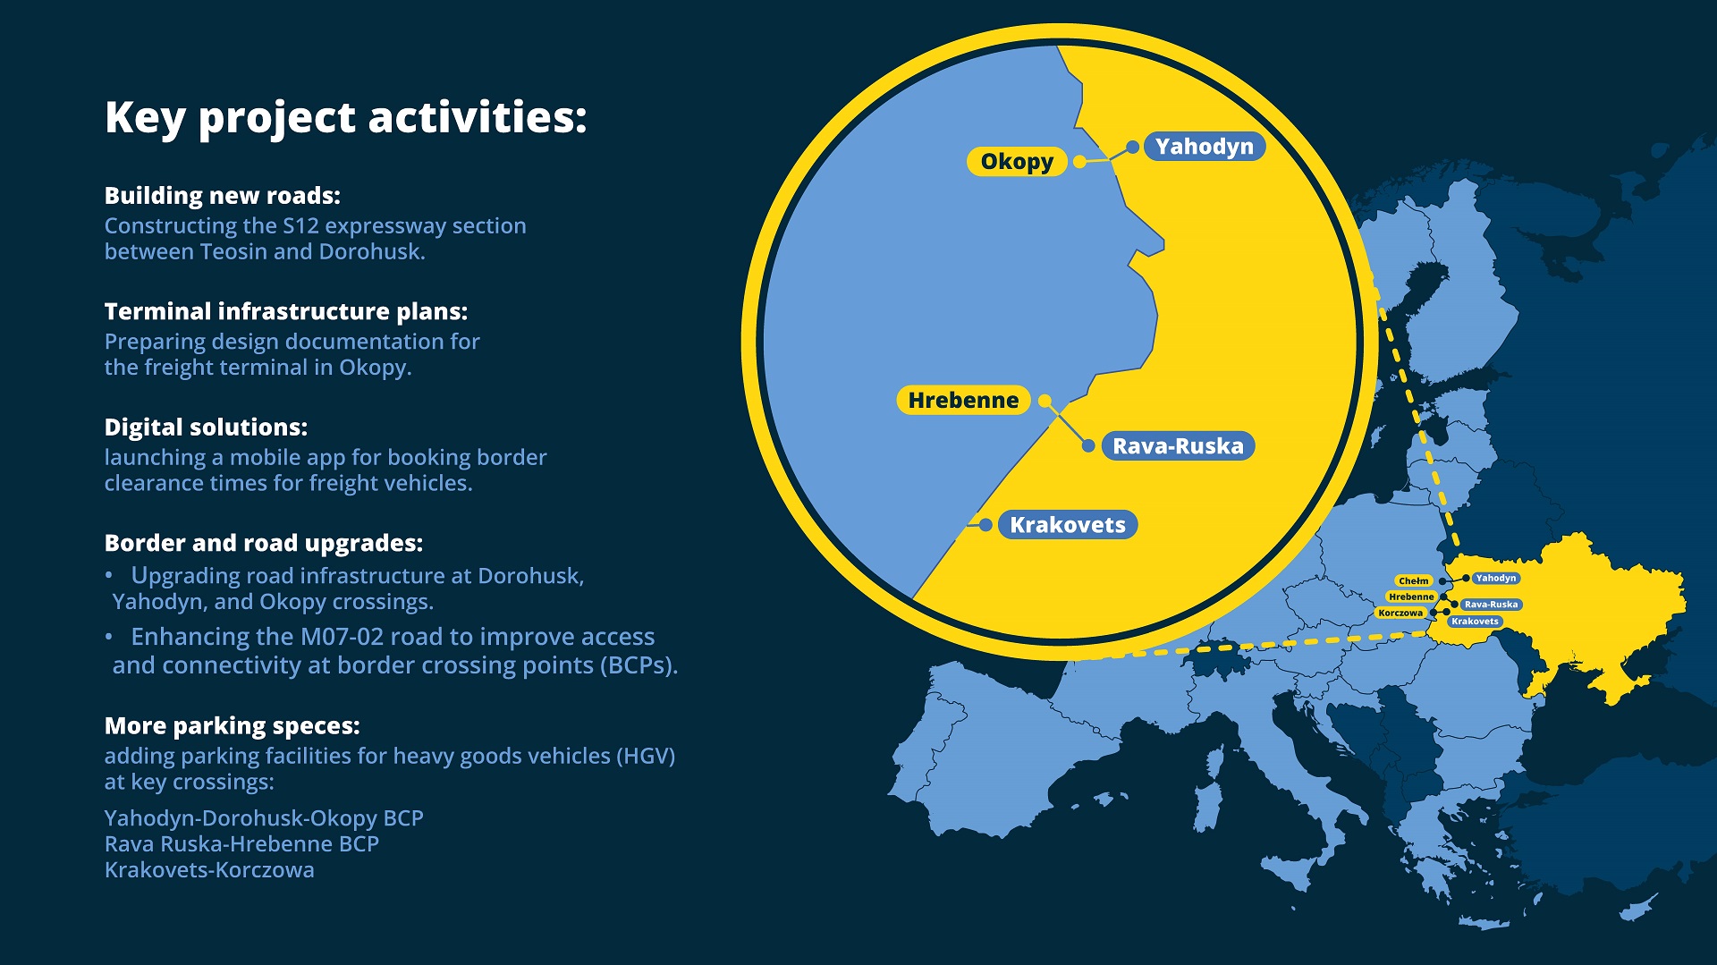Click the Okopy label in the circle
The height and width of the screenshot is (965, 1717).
(x=1017, y=162)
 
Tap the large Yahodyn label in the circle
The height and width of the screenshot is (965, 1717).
(x=1204, y=147)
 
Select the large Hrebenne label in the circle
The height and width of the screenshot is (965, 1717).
(x=963, y=401)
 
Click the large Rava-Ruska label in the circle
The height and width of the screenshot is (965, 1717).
(x=1178, y=446)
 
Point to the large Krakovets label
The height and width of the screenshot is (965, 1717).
(x=1068, y=525)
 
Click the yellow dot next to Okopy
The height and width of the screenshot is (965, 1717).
(x=1080, y=162)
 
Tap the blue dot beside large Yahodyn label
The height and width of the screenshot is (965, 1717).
(x=1132, y=147)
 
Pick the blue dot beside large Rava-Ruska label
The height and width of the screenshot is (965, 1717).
(x=1088, y=445)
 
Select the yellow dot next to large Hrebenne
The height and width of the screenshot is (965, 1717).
(x=1045, y=401)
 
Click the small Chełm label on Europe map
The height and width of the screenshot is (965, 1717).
(x=1414, y=581)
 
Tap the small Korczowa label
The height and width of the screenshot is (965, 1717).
(x=1400, y=614)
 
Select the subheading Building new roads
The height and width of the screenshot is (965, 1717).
(x=223, y=196)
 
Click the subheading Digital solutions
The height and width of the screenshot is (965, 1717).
(x=206, y=427)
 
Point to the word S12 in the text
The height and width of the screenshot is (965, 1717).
(x=300, y=225)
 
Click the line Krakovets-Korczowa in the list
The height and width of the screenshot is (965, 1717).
(x=209, y=870)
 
